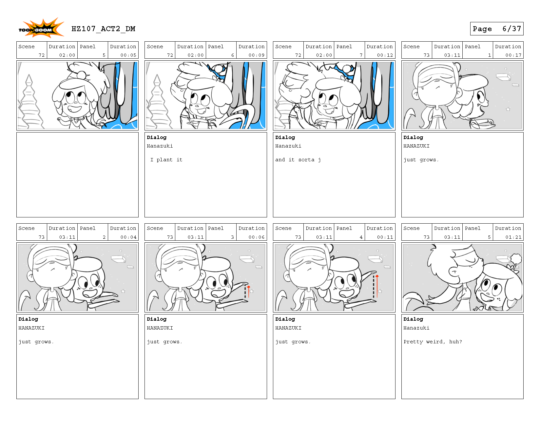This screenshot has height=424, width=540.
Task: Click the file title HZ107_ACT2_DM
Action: pyautogui.click(x=103, y=29)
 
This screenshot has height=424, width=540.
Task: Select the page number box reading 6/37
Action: pyautogui.click(x=496, y=29)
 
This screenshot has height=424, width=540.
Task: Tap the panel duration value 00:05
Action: pyautogui.click(x=128, y=55)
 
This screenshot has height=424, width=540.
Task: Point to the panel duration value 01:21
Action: pyautogui.click(x=513, y=237)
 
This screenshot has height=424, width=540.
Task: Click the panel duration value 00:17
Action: pyautogui.click(x=513, y=55)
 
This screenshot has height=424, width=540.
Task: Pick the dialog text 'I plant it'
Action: pyautogui.click(x=166, y=160)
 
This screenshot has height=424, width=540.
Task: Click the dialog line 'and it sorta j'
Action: pyautogui.click(x=298, y=160)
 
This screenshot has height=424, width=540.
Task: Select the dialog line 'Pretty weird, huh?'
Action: pyautogui.click(x=433, y=342)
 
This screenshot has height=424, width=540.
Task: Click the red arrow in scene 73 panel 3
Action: pyautogui.click(x=248, y=292)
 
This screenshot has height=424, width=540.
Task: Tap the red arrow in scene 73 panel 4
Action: pyautogui.click(x=377, y=286)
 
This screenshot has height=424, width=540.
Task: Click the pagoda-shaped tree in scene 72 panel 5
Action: pyautogui.click(x=30, y=102)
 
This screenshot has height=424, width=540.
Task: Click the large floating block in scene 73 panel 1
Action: pyautogui.click(x=503, y=77)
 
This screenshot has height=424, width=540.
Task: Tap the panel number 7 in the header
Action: pyautogui.click(x=361, y=55)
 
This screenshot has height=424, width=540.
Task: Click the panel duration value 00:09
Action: pyautogui.click(x=257, y=55)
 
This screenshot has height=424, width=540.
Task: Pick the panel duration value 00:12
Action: pyautogui.click(x=385, y=55)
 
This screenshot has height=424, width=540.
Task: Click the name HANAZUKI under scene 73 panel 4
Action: pyautogui.click(x=288, y=328)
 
